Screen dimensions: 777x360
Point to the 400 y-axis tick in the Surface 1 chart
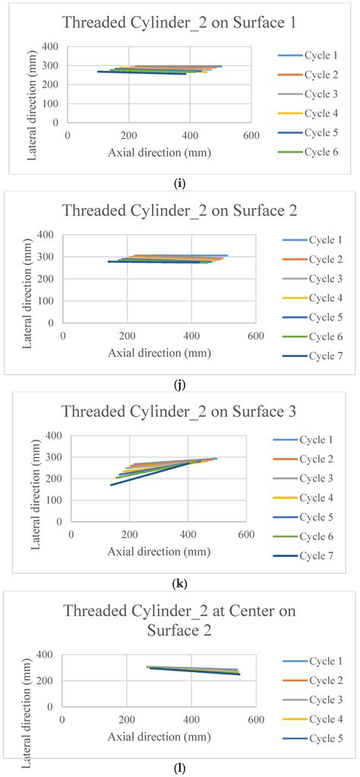pyautogui.click(x=52, y=47)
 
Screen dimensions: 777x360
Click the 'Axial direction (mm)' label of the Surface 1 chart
pyautogui.click(x=159, y=153)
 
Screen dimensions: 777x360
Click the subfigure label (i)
pyautogui.click(x=179, y=182)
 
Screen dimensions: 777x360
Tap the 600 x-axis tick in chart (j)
pyautogui.click(x=255, y=336)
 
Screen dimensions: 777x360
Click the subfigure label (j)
pyautogui.click(x=179, y=384)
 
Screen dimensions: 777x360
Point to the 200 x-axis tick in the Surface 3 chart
pyautogui.click(x=130, y=535)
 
